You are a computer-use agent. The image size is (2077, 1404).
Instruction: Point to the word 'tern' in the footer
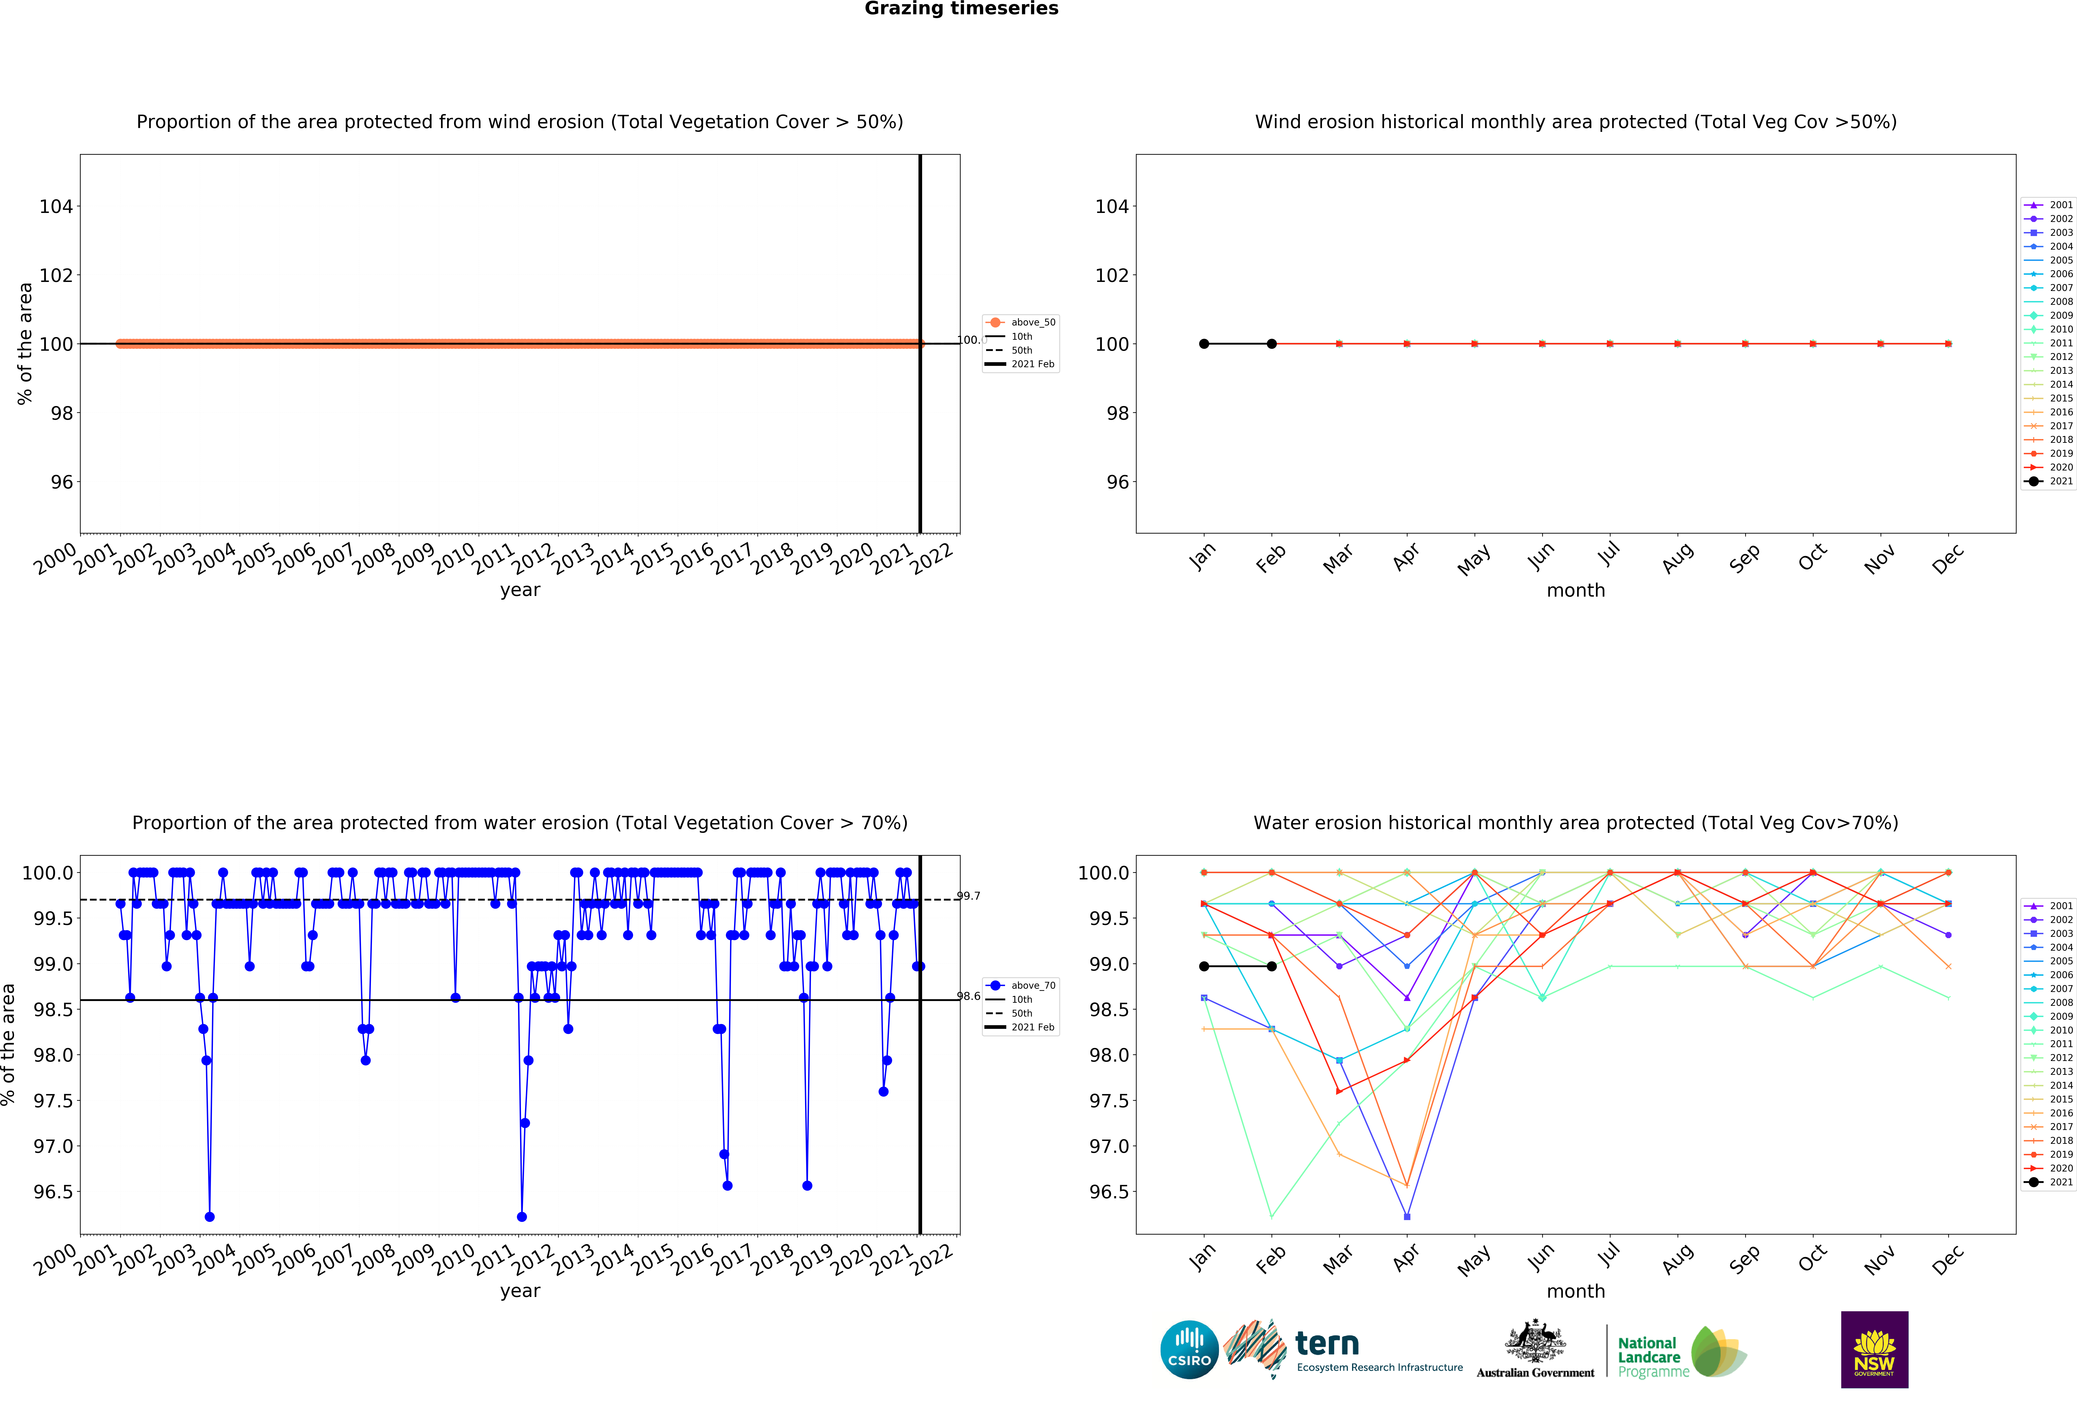point(1327,1343)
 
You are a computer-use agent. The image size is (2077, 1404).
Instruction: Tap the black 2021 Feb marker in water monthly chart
point(1272,966)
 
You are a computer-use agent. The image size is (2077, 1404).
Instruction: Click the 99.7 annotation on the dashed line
point(969,895)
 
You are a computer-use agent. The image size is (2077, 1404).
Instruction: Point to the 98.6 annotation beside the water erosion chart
point(969,995)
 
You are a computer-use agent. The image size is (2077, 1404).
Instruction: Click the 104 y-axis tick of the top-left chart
point(55,206)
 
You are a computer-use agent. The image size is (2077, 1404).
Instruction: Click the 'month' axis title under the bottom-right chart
point(1576,1291)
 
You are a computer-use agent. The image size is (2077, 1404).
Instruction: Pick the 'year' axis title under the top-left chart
point(520,590)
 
